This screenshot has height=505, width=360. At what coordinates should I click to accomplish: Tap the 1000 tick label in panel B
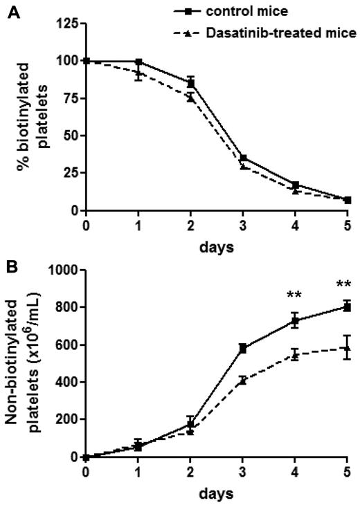point(62,270)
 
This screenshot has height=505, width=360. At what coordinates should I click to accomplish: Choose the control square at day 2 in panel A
point(190,83)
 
